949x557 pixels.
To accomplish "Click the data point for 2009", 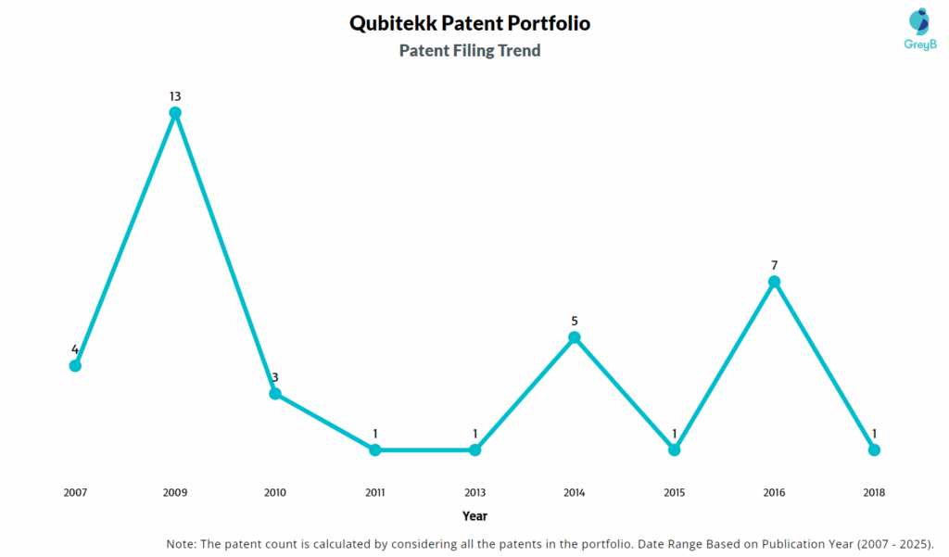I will [x=175, y=113].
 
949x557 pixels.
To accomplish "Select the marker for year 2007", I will [x=75, y=365].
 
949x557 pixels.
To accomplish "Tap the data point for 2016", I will [x=774, y=282].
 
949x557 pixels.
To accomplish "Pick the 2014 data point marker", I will [x=575, y=337].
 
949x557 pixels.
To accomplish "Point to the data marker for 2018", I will [x=874, y=449].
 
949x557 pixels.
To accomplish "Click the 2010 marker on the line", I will [x=275, y=394].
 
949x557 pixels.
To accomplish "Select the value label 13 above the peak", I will [x=175, y=96].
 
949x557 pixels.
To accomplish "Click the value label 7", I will [x=774, y=265].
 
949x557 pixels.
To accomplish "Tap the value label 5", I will [x=575, y=321].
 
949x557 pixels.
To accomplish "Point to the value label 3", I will [x=275, y=377].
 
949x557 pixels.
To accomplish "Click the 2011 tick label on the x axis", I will [x=374, y=493].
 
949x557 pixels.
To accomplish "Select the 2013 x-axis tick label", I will [x=474, y=493].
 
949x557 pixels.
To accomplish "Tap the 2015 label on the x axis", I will [x=674, y=493].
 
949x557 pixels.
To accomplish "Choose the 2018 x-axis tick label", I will [x=874, y=493].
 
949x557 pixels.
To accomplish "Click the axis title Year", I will [x=474, y=516].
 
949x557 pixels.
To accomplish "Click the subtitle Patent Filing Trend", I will [x=470, y=51].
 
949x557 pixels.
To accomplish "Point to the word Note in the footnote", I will [x=183, y=543].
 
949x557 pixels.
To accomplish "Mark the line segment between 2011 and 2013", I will [x=424, y=449].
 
